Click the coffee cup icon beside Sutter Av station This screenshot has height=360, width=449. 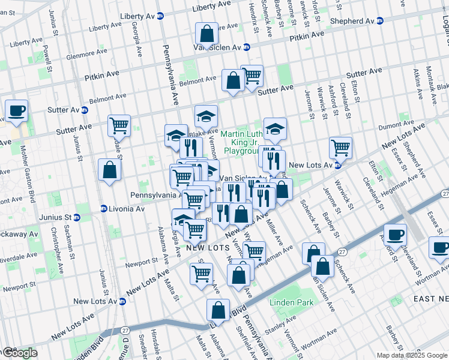[16, 111]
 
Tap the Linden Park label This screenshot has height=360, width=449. [291, 303]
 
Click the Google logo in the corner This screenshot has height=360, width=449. [19, 353]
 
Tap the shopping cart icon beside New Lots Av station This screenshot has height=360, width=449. [340, 147]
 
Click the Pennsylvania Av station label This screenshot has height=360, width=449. [155, 196]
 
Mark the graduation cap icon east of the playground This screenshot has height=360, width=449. [275, 128]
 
